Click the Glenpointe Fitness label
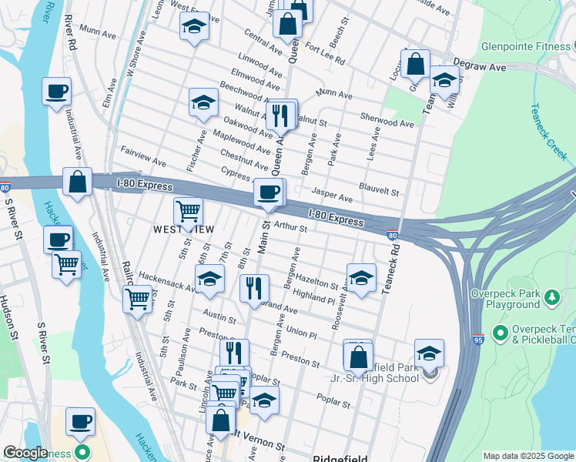pyautogui.click(x=526, y=46)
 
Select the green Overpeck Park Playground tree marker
pyautogui.click(x=551, y=297)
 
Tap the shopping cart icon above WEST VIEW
pyautogui.click(x=188, y=211)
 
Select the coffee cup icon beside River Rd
pyautogui.click(x=57, y=92)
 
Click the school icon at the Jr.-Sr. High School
pyautogui.click(x=429, y=354)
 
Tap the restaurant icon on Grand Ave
pyautogui.click(x=254, y=290)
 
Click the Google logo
pyautogui.click(x=25, y=454)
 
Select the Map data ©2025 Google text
pyautogui.click(x=527, y=456)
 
